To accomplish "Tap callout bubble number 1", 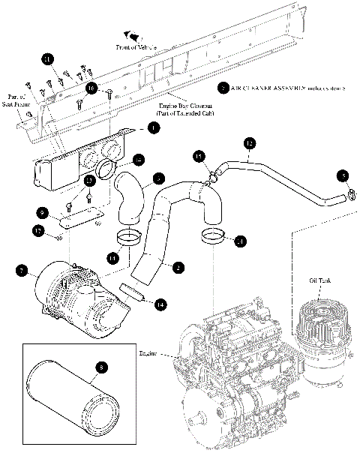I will coord(153,129).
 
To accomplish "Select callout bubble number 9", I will coord(43,212).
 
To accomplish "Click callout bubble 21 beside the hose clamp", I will coord(239,241).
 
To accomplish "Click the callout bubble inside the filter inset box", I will coord(101,367).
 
